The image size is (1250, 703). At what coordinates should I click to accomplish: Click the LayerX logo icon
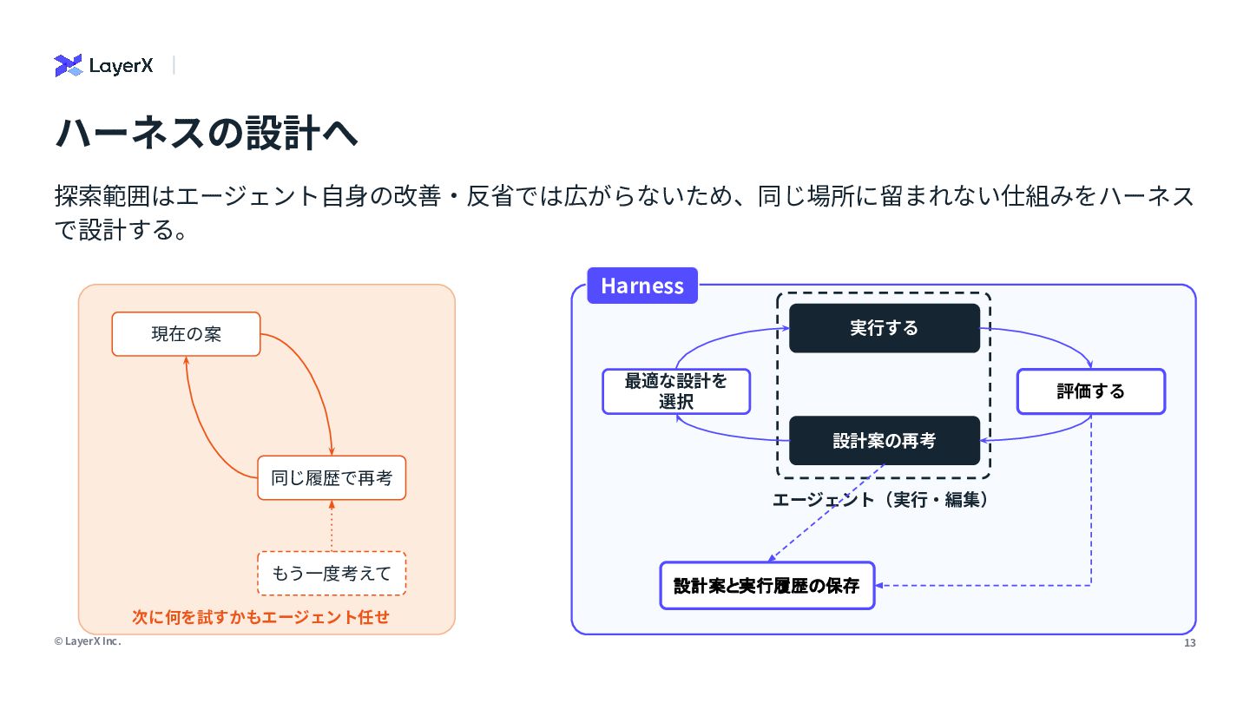68,65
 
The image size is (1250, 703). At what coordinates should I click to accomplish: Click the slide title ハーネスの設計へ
207,133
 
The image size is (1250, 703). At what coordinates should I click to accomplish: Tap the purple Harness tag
642,286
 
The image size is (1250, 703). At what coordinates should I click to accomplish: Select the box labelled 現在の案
187,333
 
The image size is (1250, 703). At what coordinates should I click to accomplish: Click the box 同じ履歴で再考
332,477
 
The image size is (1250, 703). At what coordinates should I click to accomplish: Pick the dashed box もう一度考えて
332,573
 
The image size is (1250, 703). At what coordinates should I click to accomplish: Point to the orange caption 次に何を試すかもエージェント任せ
260,617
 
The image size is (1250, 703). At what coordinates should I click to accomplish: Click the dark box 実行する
885,328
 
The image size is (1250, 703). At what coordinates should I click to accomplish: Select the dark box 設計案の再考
885,440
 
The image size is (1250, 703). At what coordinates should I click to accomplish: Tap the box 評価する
1091,391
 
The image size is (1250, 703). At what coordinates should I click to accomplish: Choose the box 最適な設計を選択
676,391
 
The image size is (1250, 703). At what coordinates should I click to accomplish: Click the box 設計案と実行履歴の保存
766,585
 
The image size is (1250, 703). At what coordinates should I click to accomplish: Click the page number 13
1190,643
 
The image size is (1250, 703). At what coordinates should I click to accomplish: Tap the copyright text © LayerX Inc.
88,641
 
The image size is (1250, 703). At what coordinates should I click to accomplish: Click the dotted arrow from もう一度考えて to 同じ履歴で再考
332,526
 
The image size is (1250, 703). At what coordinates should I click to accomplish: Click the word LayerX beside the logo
121,66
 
